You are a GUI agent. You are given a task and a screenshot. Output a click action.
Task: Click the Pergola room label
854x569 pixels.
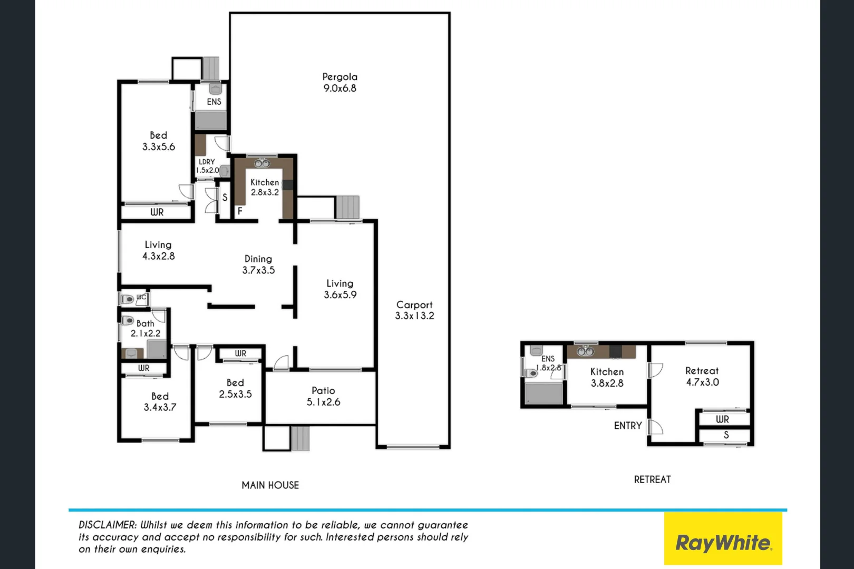(x=339, y=83)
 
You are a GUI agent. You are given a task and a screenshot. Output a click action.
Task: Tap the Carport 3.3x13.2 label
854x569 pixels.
(x=414, y=310)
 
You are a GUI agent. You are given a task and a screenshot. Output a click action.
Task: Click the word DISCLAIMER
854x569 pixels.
(x=107, y=525)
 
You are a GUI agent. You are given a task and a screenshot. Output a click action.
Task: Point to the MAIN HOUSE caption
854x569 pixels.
(x=270, y=485)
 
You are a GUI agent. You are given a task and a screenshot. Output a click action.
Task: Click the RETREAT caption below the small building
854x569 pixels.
(x=652, y=479)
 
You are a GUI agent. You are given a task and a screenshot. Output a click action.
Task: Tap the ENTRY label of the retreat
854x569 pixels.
(x=627, y=426)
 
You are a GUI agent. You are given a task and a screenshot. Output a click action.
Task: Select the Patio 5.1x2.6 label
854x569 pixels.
(x=323, y=396)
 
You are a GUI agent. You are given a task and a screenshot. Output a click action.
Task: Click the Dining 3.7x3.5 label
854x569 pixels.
(x=258, y=264)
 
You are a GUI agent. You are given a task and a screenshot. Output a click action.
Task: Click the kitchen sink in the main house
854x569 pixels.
(x=261, y=163)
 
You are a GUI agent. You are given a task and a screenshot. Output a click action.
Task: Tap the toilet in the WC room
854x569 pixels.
(x=128, y=299)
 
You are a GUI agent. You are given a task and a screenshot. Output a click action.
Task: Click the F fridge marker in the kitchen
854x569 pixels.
(x=240, y=211)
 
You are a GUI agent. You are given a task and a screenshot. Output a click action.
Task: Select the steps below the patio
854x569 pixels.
(x=300, y=438)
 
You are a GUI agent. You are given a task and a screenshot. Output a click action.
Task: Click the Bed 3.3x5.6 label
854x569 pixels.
(x=158, y=141)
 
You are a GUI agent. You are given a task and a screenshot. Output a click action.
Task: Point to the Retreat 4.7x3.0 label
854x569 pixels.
(x=702, y=377)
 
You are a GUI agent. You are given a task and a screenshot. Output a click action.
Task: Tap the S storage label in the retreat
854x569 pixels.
(x=726, y=435)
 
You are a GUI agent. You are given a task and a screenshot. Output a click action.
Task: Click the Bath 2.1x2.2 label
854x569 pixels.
(x=145, y=328)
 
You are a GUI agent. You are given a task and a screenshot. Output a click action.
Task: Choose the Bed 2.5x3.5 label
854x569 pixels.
(x=235, y=388)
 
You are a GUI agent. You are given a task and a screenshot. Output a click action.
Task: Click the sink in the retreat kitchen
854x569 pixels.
(x=585, y=351)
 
